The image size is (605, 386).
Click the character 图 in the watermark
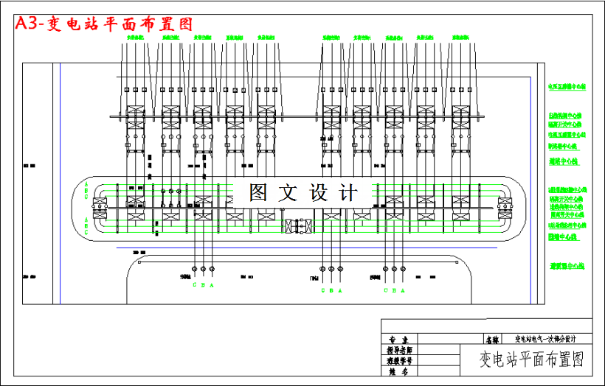tap(258, 193)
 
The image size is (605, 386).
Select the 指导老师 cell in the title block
tap(399, 351)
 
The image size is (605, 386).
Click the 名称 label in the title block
tap(492, 340)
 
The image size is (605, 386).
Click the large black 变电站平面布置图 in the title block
tap(531, 359)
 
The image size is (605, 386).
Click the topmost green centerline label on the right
tap(566, 87)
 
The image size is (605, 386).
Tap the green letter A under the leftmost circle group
tap(212, 284)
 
